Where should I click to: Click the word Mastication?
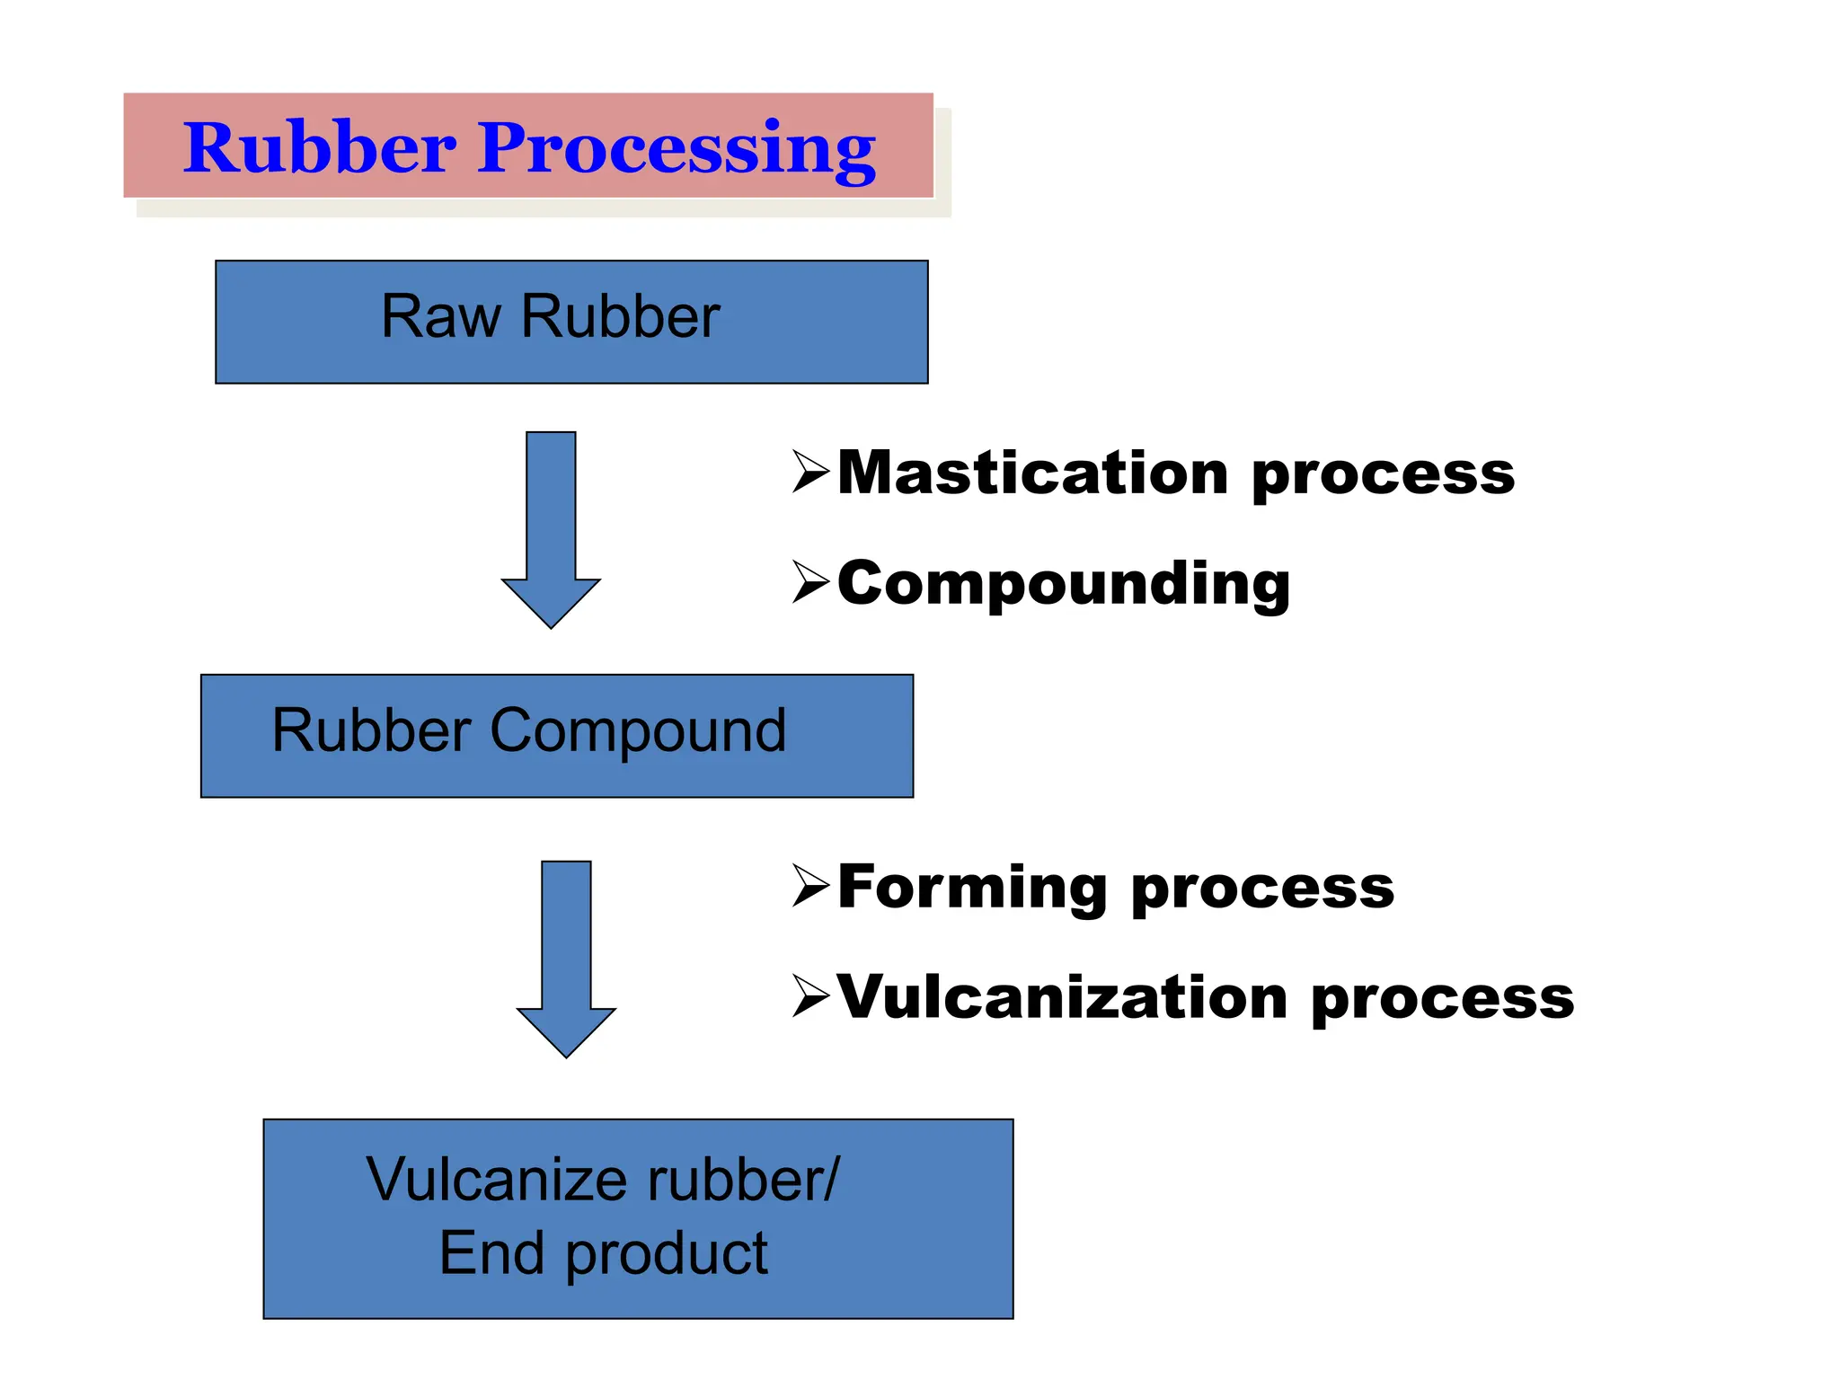click(1032, 473)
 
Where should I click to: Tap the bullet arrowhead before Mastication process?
click(809, 472)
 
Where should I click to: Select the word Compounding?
click(1064, 584)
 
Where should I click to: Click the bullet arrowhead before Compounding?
click(809, 582)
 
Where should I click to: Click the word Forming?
click(972, 888)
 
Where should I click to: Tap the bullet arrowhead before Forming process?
click(809, 886)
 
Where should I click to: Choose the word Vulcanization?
click(1062, 997)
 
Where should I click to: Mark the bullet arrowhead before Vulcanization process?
click(809, 996)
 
